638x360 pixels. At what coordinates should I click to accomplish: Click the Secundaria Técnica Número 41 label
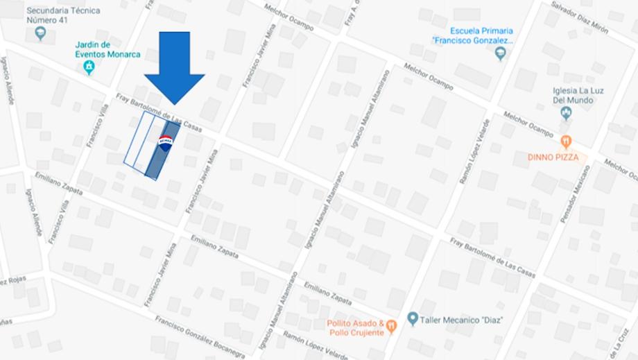[x=62, y=15]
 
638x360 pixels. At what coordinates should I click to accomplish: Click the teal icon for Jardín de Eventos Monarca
[x=89, y=67]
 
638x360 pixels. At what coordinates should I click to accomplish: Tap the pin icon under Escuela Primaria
[x=501, y=53]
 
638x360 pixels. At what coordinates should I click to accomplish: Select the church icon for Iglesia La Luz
[x=565, y=112]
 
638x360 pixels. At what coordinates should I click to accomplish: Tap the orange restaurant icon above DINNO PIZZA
[x=567, y=142]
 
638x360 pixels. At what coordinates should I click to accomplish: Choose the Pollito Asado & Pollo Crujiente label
[x=355, y=327]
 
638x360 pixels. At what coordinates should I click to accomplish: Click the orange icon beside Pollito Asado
[x=392, y=324]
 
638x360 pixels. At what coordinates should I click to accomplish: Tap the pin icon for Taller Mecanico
[x=413, y=319]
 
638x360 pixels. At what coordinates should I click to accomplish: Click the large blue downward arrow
[x=174, y=67]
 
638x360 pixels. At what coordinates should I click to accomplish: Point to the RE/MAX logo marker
[x=166, y=139]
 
